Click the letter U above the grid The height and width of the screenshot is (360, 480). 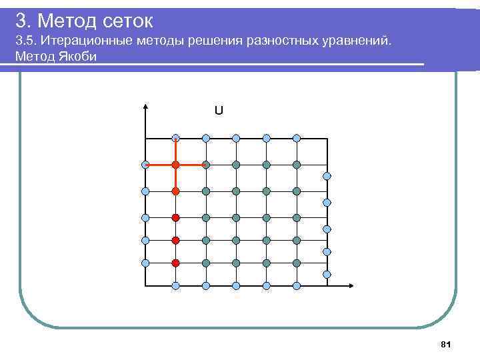tap(219, 110)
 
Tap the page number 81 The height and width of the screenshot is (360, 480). tap(447, 344)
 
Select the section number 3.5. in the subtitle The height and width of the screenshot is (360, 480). tap(26, 42)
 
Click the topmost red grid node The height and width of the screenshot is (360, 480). tap(175, 164)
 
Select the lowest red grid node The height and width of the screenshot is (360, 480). tap(175, 263)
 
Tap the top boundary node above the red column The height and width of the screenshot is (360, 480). tap(175, 138)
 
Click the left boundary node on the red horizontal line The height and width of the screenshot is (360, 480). tap(145, 164)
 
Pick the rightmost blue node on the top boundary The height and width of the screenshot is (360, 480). tap(297, 138)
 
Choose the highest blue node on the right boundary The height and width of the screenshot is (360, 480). tap(327, 176)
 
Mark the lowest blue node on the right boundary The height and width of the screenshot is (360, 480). tap(327, 274)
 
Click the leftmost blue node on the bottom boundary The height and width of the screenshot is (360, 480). tap(175, 286)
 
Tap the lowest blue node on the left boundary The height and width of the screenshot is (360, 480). tap(145, 263)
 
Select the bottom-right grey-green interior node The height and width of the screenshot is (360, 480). tap(297, 263)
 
